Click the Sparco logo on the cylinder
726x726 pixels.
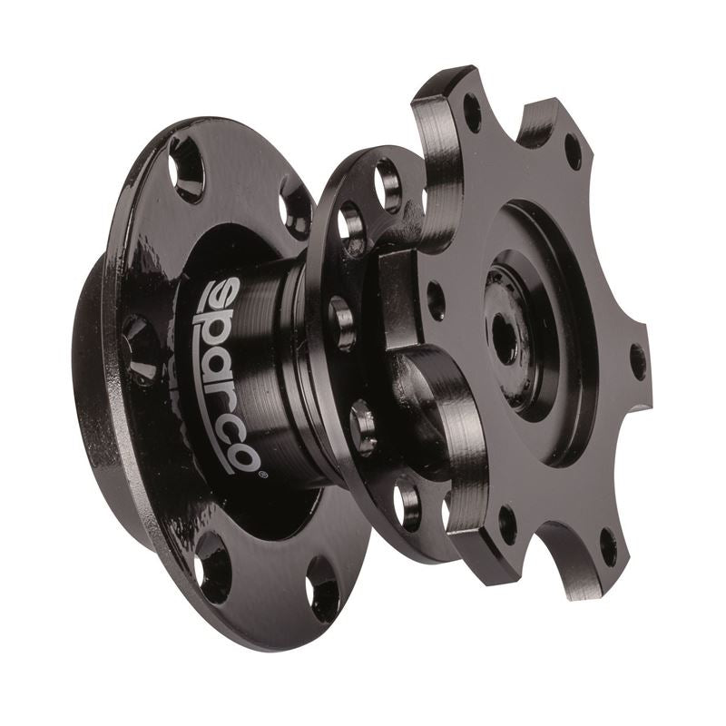[230, 375]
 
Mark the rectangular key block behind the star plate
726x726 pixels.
[397, 301]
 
